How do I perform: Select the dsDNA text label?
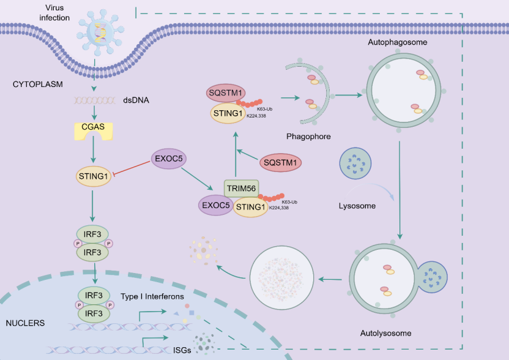136,100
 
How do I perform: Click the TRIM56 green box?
241,189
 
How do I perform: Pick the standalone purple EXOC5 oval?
168,159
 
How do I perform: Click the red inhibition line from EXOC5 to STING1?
131,167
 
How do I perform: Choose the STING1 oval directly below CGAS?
94,176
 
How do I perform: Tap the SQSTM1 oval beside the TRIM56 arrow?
280,162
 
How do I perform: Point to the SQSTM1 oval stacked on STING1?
226,93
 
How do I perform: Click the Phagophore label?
308,137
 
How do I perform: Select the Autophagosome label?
397,42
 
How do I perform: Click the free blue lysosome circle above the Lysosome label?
355,163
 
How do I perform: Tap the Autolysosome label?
385,333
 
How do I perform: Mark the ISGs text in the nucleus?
182,350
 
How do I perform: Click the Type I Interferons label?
152,296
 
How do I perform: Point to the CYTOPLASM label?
38,84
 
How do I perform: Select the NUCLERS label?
25,323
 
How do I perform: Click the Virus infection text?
54,13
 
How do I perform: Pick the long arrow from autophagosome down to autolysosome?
399,190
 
